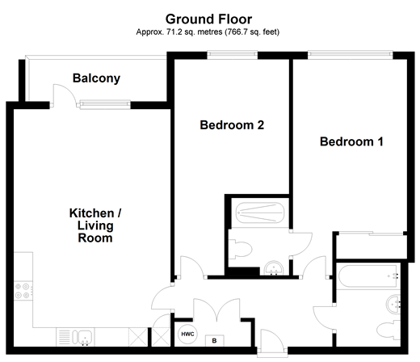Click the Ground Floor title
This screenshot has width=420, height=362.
(x=208, y=19)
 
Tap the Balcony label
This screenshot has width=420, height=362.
(x=96, y=78)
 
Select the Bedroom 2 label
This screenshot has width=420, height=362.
(x=232, y=125)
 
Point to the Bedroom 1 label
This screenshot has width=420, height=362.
(x=351, y=141)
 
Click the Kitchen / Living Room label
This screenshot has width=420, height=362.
(x=95, y=225)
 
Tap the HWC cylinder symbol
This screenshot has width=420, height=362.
(x=187, y=335)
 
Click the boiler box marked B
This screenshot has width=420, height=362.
(x=214, y=341)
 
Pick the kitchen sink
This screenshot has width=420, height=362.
(x=82, y=337)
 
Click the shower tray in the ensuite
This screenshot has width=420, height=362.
(x=260, y=213)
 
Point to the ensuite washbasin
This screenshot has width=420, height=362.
(x=274, y=268)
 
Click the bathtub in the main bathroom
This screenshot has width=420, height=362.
(x=367, y=276)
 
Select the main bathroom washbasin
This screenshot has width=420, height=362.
(x=393, y=304)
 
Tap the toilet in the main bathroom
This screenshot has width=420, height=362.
(x=388, y=330)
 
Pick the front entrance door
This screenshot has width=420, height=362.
(x=272, y=340)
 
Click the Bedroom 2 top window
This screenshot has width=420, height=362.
(x=233, y=55)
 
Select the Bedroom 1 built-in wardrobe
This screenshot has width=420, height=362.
(x=372, y=246)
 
